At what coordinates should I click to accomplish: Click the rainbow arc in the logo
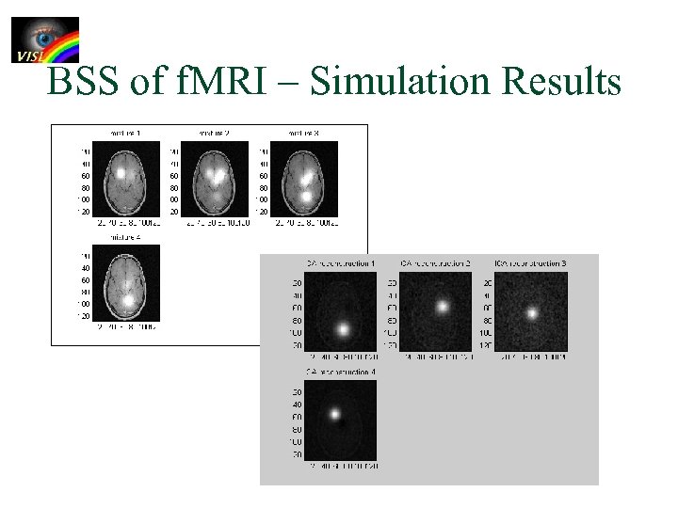[64, 42]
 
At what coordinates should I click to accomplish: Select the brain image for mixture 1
[124, 179]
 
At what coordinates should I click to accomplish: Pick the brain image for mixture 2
[216, 179]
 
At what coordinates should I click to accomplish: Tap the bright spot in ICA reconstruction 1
[344, 329]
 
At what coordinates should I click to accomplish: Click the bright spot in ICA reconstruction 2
[441, 306]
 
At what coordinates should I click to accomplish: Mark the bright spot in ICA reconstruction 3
[533, 312]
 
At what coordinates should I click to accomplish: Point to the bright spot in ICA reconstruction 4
[334, 413]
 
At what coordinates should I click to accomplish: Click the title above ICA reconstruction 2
[435, 262]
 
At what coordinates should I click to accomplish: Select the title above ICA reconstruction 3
[530, 262]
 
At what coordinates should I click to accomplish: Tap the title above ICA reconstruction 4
[340, 373]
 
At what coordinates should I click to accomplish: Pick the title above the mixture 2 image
[215, 133]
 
